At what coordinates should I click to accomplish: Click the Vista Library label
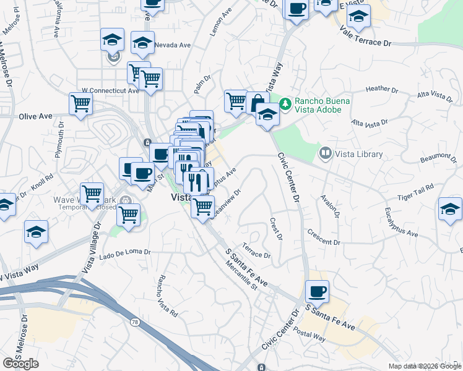(360, 154)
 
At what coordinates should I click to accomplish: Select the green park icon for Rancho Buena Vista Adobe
(285, 103)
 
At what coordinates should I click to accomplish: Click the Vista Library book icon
(325, 152)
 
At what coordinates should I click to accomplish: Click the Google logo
(20, 364)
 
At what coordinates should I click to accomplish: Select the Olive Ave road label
(35, 116)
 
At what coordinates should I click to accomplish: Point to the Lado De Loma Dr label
(125, 252)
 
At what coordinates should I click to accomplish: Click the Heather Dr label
(382, 89)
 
